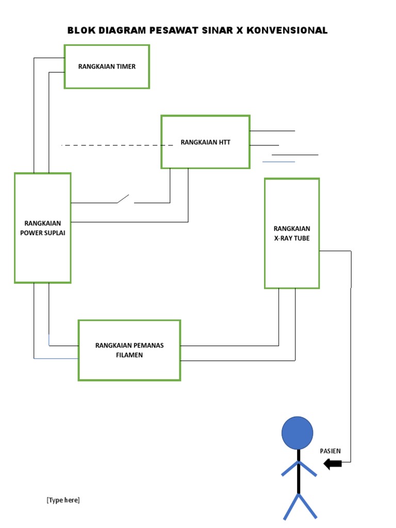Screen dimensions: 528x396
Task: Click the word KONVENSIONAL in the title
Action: (x=287, y=30)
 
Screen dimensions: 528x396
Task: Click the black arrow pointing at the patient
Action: (x=333, y=464)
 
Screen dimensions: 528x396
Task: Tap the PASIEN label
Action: (x=331, y=451)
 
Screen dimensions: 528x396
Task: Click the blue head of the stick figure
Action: (x=297, y=433)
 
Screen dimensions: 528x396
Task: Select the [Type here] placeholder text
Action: (x=63, y=500)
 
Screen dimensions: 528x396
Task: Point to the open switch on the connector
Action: (x=124, y=199)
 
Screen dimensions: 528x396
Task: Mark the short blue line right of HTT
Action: (x=278, y=162)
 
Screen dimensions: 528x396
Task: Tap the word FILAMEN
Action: (x=129, y=355)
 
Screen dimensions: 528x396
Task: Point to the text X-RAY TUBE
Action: (x=292, y=238)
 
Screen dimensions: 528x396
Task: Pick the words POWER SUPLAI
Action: (x=43, y=233)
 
